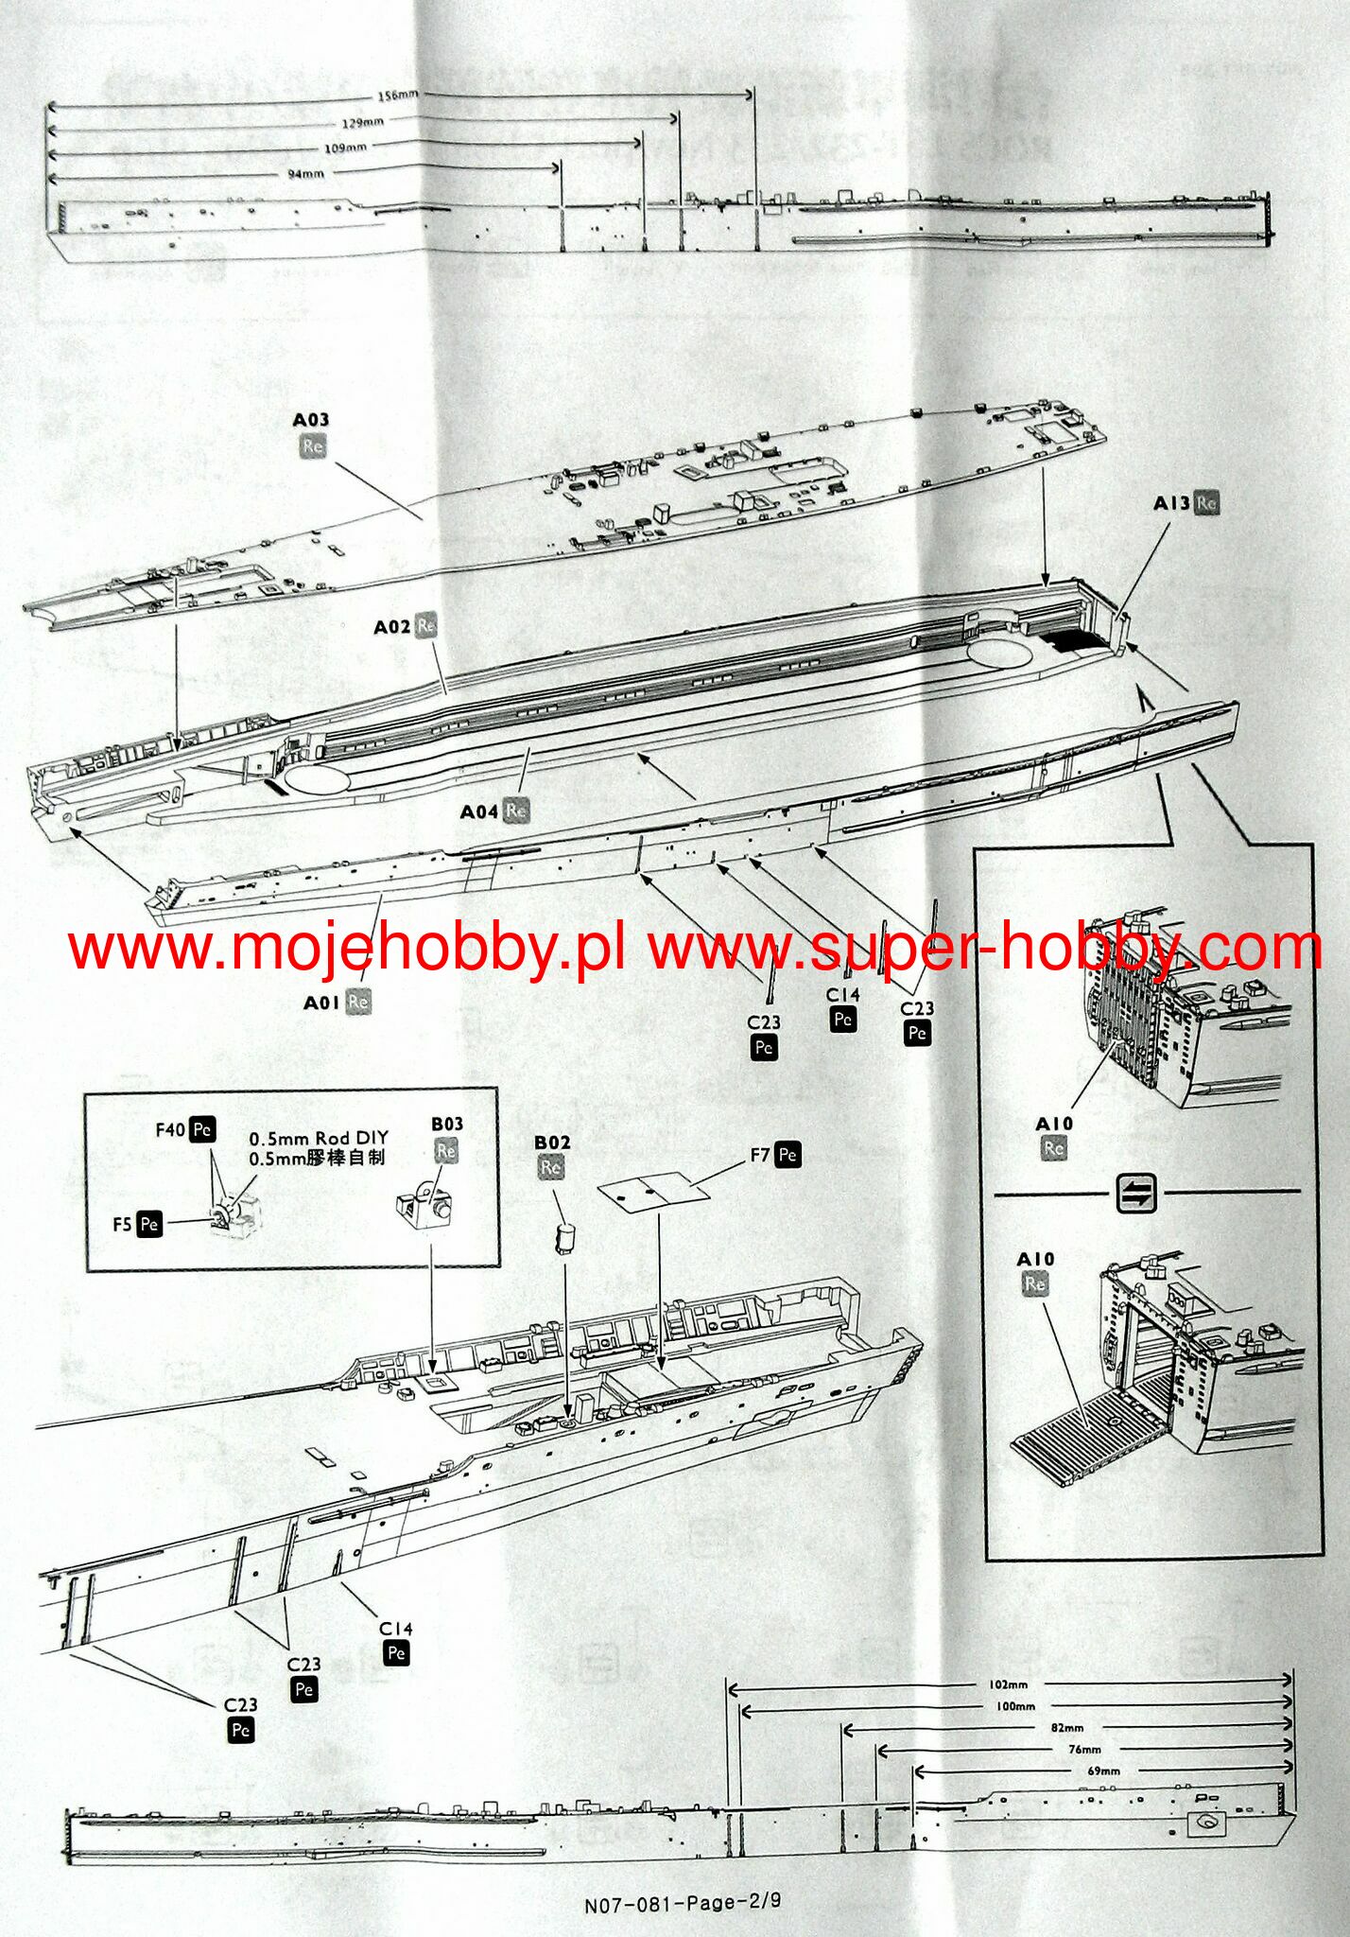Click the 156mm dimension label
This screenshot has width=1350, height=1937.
pos(397,96)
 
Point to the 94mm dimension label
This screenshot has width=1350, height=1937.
pos(305,174)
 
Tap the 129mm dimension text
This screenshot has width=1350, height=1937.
pos(363,123)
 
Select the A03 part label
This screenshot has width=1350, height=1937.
pos(311,420)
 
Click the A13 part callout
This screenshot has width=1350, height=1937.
pos(1172,503)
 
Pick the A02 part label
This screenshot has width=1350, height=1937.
pos(392,627)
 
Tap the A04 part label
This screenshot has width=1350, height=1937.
pos(478,811)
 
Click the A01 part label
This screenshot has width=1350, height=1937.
pos(321,1003)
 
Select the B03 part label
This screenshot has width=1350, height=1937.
pos(447,1124)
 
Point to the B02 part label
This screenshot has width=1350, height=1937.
pos(552,1143)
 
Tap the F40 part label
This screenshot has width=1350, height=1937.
pos(171,1129)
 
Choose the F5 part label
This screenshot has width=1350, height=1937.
pos(123,1224)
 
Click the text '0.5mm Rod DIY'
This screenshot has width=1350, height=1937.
pos(319,1139)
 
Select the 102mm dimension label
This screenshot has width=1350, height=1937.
pos(1009,1684)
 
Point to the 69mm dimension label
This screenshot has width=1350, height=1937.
pos(1103,1771)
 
